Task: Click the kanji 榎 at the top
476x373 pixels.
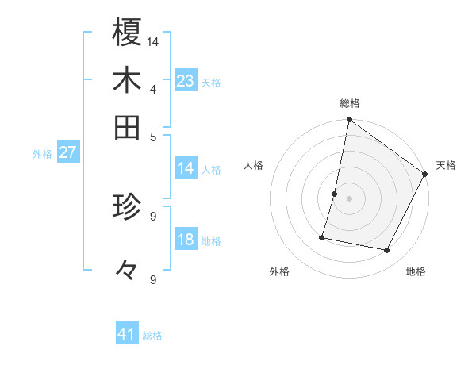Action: pos(127,33)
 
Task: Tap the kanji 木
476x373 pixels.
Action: pos(127,81)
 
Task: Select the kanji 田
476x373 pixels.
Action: pos(127,127)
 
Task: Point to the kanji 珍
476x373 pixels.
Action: pos(127,208)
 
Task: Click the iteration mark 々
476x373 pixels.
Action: pos(126,271)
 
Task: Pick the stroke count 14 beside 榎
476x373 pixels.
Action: pos(153,40)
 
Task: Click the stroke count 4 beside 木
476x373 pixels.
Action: pos(153,88)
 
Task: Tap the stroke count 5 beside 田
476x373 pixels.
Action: pos(153,136)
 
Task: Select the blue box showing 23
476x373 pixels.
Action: pos(186,81)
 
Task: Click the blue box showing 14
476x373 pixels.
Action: pos(186,168)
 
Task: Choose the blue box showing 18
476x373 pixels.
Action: pos(186,240)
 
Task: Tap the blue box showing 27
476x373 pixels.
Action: pos(67,152)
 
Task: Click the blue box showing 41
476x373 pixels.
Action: pos(127,335)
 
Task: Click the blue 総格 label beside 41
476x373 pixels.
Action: pos(152,336)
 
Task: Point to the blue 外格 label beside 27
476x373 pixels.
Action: pos(42,154)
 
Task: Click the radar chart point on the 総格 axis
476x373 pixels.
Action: pos(349,121)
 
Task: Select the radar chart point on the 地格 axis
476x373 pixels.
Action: pos(387,250)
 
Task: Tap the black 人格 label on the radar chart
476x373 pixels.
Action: pos(254,165)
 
